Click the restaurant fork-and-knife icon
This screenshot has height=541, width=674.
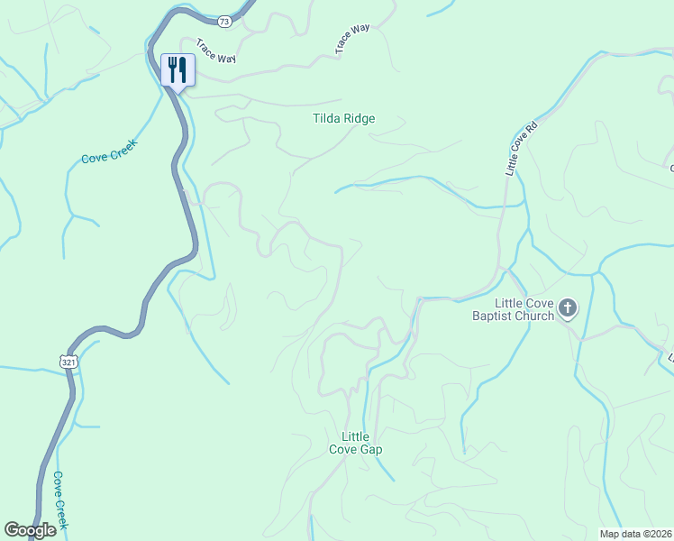coord(177,69)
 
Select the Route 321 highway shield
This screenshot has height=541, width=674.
coord(70,361)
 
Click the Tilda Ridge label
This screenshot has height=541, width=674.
coord(343,118)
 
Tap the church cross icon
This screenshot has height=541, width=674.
coord(568,308)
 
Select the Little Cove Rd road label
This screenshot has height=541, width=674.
coord(521,148)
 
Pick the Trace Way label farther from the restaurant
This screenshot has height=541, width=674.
coord(353,41)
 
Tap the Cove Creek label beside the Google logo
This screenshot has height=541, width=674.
coord(60,500)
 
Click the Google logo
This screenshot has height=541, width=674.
coord(30,530)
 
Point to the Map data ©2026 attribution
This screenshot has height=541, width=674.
coord(636,533)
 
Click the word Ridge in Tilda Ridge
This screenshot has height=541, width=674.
coord(359,118)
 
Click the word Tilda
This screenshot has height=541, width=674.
coord(326,118)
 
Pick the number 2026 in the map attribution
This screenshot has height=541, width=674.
coord(660,533)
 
